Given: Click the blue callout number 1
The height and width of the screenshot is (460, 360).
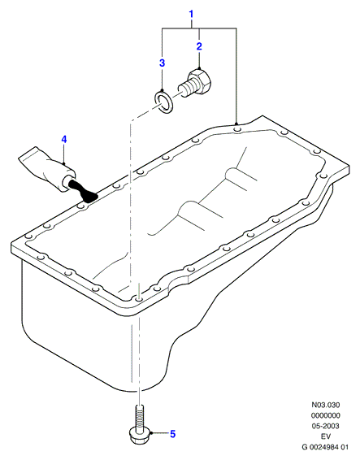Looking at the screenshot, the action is (x=191, y=14).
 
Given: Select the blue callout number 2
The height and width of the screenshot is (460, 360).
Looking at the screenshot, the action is (x=199, y=46).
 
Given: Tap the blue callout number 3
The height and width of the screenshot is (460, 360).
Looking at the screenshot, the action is (x=162, y=63).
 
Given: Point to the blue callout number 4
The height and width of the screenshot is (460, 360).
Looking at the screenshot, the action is (x=64, y=139).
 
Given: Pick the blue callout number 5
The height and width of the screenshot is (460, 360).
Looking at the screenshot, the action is (x=173, y=434).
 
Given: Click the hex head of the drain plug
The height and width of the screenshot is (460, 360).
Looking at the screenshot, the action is (x=202, y=81).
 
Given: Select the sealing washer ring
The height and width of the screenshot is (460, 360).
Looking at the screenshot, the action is (x=163, y=102).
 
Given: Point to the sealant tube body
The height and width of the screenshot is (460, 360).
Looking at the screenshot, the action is (x=47, y=168).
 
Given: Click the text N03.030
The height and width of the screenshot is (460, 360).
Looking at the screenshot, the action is (x=325, y=405).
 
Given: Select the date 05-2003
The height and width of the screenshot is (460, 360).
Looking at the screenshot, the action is (x=325, y=426).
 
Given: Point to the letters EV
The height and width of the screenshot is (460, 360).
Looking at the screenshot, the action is (x=325, y=436).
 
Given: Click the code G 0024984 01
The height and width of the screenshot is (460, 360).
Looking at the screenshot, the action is (x=325, y=447).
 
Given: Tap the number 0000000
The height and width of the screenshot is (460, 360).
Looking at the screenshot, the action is (x=325, y=415).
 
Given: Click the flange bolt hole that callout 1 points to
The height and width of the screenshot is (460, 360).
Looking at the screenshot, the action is (x=237, y=129).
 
